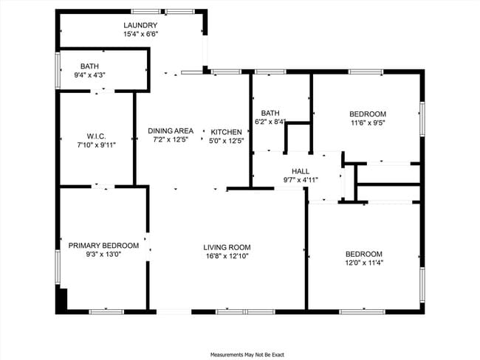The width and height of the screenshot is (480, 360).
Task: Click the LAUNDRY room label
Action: click(140, 25)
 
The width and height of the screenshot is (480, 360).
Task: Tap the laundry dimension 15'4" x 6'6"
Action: click(140, 34)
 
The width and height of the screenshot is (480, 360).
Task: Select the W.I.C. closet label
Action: click(97, 136)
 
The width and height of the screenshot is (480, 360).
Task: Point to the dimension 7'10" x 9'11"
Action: click(97, 145)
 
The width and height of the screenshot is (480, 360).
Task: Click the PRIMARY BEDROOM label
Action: click(103, 246)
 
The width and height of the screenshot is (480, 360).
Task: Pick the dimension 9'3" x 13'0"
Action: click(103, 255)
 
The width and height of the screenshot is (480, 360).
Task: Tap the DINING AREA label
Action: click(171, 131)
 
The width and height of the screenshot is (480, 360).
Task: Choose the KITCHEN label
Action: click(227, 131)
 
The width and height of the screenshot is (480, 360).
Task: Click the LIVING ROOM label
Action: click(227, 248)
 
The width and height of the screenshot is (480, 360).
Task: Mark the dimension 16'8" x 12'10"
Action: click(227, 257)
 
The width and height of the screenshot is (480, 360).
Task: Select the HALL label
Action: click(301, 170)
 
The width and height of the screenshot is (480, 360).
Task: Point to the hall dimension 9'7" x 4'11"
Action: click(301, 179)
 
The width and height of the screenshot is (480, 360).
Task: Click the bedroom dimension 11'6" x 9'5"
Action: click(368, 123)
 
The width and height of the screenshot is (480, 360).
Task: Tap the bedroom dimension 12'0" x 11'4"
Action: click(364, 263)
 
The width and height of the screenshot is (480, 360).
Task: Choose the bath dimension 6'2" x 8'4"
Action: click(270, 122)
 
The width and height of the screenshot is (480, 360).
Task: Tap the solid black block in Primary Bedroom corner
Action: click(62, 301)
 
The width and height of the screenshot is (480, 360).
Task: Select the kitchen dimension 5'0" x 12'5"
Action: click(227, 139)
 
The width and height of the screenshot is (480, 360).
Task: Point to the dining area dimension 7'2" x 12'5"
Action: click(171, 139)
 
